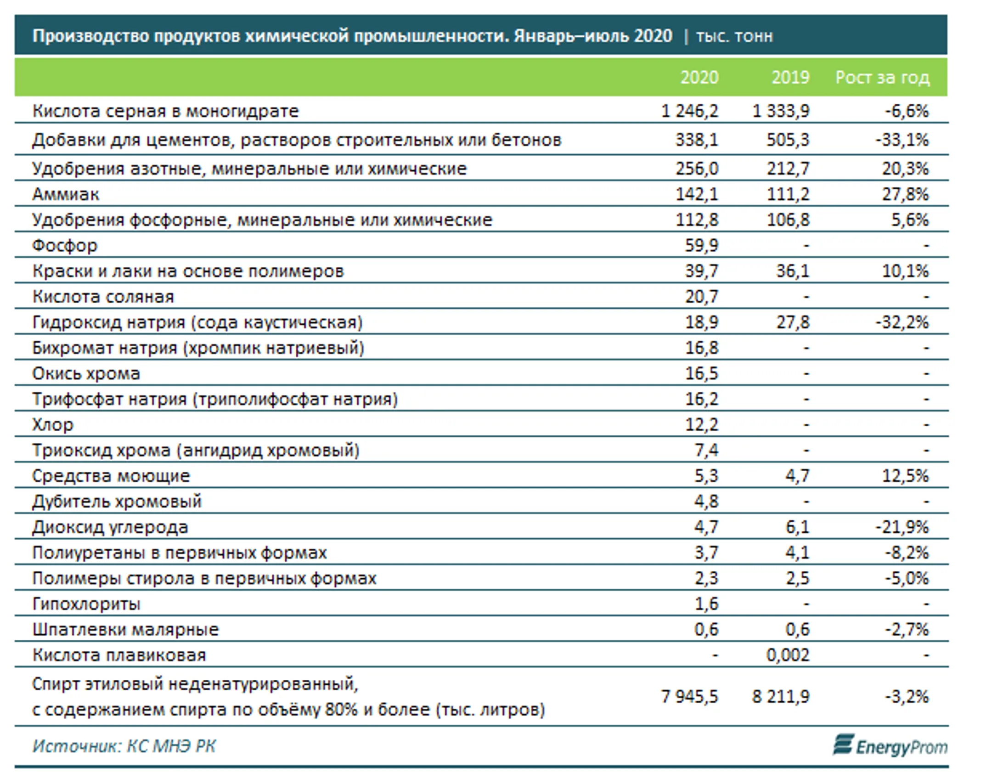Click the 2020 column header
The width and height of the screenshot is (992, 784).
pos(699,77)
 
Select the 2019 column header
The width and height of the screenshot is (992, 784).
pos(790,77)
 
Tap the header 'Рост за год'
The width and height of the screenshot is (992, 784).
pos(882,78)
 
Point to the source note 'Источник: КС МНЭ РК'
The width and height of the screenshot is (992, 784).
pos(124,746)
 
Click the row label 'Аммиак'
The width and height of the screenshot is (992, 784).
pos(66,194)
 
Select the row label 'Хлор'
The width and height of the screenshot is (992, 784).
pos(52,425)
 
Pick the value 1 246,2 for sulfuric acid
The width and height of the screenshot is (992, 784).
pos(689,111)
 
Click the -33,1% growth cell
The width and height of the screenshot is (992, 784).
pos(902,140)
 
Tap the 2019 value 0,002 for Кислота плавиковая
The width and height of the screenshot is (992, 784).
pos(788,655)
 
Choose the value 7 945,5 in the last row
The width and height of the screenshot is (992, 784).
pos(689,697)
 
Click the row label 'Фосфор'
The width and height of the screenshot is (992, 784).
pos(65,245)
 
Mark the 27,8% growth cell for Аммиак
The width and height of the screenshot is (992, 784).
pos(905,194)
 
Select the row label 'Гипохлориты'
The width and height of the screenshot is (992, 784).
pos(86,604)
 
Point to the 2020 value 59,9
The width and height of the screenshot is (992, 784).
pos(702,245)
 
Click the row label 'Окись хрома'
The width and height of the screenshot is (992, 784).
pos(86,373)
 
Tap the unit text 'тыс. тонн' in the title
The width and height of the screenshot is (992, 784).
pos(734,36)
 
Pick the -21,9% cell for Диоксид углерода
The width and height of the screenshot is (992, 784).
pos(902,527)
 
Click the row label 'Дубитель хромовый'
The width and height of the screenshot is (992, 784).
pos(117,501)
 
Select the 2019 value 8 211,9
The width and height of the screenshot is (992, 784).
pos(781,697)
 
